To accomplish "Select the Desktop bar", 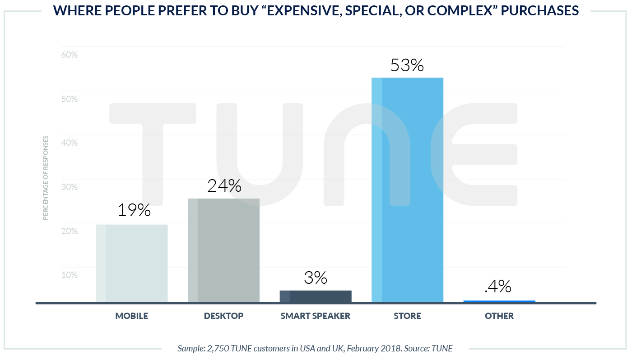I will [x=223, y=250].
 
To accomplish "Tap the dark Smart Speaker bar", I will [x=316, y=296].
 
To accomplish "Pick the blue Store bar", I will [x=407, y=189].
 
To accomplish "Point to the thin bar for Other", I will [x=499, y=301].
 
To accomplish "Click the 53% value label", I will [x=407, y=66].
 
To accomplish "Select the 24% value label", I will [x=224, y=186].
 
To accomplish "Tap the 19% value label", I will [x=134, y=210].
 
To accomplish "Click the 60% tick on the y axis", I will [x=69, y=55].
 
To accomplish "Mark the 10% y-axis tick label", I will [x=69, y=275].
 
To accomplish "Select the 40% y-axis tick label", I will [x=69, y=143].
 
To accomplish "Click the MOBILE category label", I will [x=132, y=316].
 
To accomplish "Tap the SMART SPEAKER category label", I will [x=316, y=316].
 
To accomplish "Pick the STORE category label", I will [x=407, y=316].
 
